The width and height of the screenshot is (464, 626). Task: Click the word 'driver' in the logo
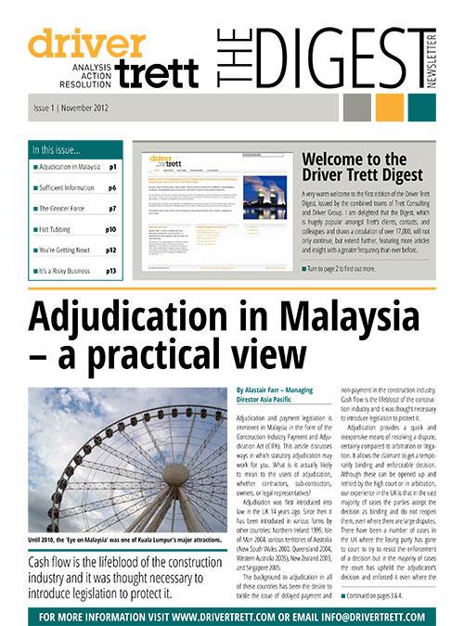[85, 43]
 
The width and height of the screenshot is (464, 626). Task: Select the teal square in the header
[419, 109]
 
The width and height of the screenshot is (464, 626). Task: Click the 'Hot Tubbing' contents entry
[57, 228]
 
